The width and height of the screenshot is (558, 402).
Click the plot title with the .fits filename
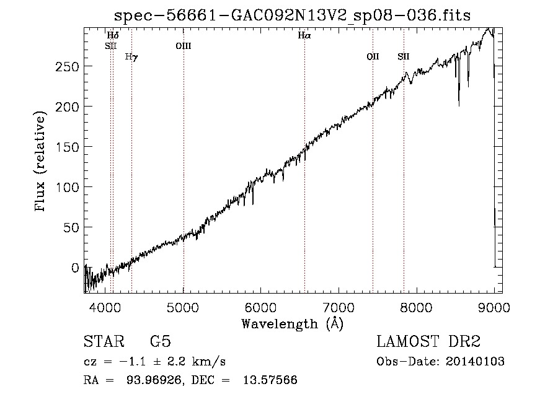pyautogui.click(x=292, y=15)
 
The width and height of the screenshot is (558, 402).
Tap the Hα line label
pyautogui.click(x=304, y=35)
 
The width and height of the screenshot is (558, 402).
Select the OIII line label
pyautogui.click(x=184, y=46)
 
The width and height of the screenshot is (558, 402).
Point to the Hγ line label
pyautogui.click(x=131, y=57)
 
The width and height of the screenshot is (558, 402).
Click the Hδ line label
pyautogui.click(x=113, y=35)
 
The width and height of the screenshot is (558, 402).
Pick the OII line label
pyautogui.click(x=373, y=56)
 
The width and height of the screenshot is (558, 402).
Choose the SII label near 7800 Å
pyautogui.click(x=404, y=56)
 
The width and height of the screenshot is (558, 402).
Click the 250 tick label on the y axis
pyautogui.click(x=67, y=66)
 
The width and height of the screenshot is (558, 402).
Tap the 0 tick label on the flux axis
pyautogui.click(x=75, y=268)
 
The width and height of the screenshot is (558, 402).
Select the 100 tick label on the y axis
pyautogui.click(x=67, y=187)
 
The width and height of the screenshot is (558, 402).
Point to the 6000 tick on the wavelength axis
pyautogui.click(x=260, y=307)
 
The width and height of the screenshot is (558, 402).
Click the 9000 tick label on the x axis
pyautogui.click(x=494, y=307)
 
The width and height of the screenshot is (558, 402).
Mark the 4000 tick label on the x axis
pyautogui.click(x=105, y=307)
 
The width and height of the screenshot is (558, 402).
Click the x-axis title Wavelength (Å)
pyautogui.click(x=293, y=323)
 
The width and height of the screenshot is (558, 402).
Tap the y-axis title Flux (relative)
pyautogui.click(x=40, y=161)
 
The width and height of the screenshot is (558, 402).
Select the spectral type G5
pyautogui.click(x=161, y=341)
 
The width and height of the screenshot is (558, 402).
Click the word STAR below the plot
pyautogui.click(x=104, y=341)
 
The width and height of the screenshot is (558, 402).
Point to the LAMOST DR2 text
pyautogui.click(x=428, y=341)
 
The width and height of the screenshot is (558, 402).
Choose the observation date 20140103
pyautogui.click(x=475, y=362)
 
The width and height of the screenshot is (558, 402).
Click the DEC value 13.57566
pyautogui.click(x=270, y=380)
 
